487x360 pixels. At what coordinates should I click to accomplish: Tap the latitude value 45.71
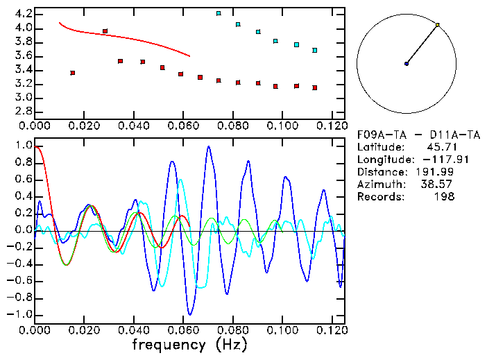441,146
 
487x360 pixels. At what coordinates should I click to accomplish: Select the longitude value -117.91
434,159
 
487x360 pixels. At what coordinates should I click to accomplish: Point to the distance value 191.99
438,171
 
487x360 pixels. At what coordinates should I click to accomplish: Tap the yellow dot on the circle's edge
438,25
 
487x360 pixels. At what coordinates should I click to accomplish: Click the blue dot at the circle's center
407,64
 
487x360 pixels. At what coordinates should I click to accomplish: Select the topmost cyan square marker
219,13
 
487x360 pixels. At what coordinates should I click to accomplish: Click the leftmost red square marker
73,73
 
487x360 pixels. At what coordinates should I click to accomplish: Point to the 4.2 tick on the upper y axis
22,14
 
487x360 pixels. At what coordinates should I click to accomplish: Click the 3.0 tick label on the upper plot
22,98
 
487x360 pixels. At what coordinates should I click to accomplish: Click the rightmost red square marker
315,88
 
